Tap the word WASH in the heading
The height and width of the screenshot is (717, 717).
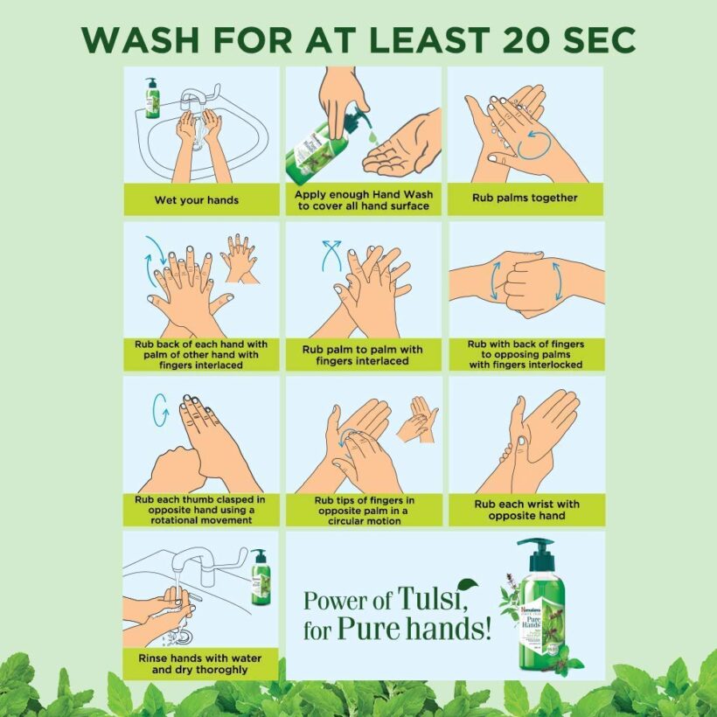(x=141, y=39)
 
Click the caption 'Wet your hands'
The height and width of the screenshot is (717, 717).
(x=197, y=200)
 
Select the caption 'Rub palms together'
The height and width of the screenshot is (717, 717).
(x=525, y=198)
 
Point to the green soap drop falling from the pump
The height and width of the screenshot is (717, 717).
(x=373, y=136)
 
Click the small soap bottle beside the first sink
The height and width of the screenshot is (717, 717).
(x=152, y=98)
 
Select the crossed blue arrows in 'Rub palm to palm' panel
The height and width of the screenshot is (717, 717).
(x=332, y=255)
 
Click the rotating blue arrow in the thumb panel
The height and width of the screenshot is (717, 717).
(x=161, y=410)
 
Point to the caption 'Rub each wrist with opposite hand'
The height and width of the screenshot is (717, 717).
(x=526, y=510)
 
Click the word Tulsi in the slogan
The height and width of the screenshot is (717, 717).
(x=432, y=599)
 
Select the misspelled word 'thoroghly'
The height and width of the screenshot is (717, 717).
(x=225, y=670)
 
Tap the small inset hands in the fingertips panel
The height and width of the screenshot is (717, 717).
(x=417, y=420)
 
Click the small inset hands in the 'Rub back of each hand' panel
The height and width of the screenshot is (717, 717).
(x=240, y=258)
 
